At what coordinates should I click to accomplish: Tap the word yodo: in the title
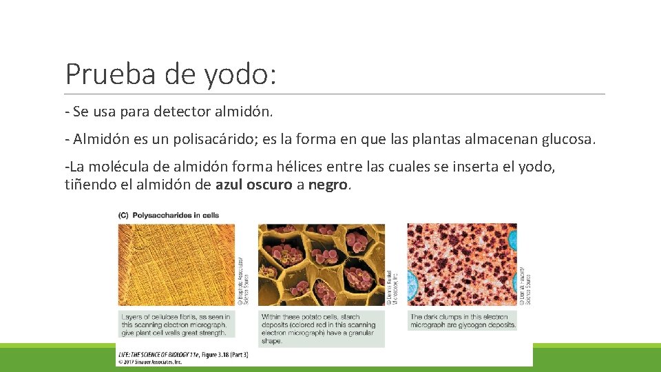pyautogui.click(x=240, y=74)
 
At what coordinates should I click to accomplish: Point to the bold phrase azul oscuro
pyautogui.click(x=254, y=185)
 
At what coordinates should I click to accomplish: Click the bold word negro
pyautogui.click(x=328, y=185)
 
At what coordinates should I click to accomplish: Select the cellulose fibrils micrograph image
pyautogui.click(x=176, y=265)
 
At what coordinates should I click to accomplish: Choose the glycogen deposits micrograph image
pyautogui.click(x=461, y=265)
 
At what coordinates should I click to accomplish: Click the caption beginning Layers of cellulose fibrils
pyautogui.click(x=176, y=324)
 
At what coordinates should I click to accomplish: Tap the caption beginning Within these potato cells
pyautogui.click(x=319, y=329)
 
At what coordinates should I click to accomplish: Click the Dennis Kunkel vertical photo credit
pyautogui.click(x=390, y=288)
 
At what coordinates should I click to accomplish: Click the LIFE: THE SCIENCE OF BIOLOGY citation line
pyautogui.click(x=183, y=354)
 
